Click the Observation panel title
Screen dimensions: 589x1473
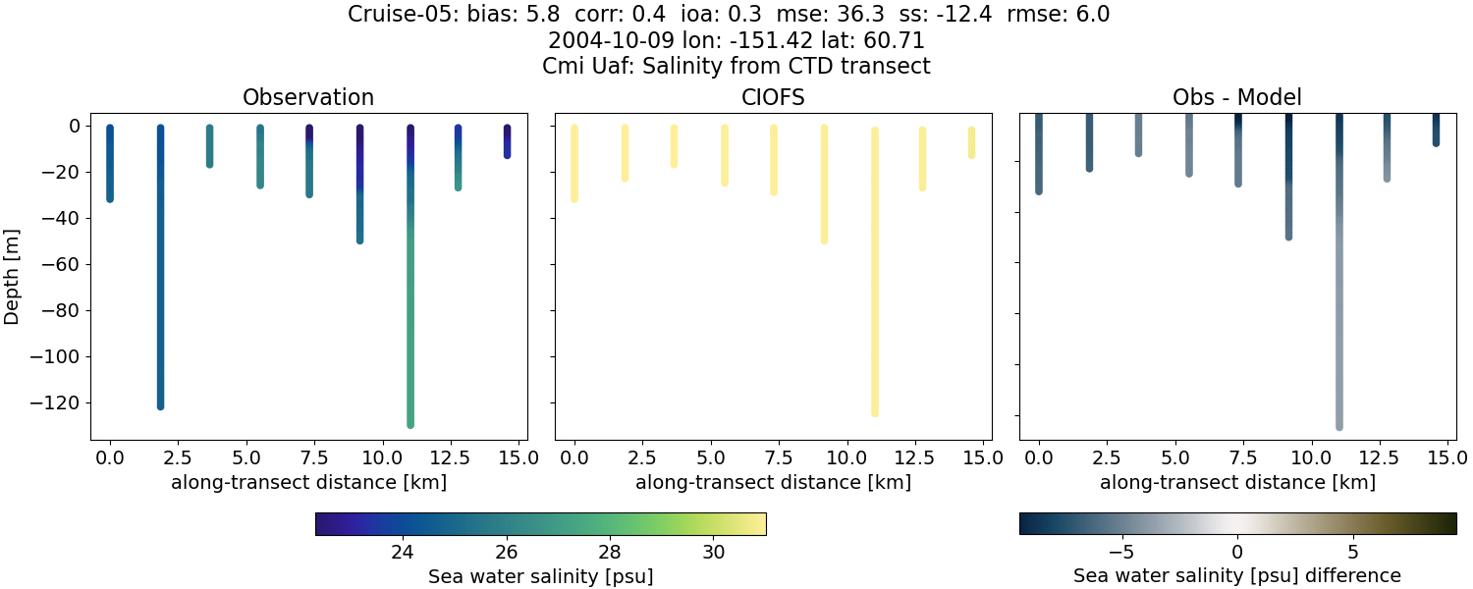[x=308, y=97]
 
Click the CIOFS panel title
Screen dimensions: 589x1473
[x=773, y=97]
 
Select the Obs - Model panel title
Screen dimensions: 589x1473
[x=1237, y=97]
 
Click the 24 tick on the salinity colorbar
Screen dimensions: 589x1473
[x=401, y=552]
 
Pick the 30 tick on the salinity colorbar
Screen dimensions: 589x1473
[x=714, y=552]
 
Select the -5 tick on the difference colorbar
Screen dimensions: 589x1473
[x=1121, y=552]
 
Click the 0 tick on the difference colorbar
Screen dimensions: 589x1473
[x=1237, y=552]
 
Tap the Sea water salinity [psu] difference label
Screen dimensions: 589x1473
[x=1237, y=575]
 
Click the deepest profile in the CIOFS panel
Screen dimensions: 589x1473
[x=874, y=275]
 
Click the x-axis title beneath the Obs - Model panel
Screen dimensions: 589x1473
[x=1237, y=482]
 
